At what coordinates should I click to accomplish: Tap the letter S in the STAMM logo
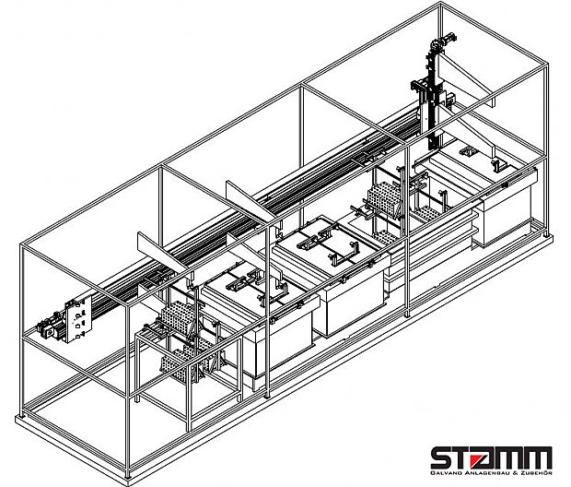(443, 457)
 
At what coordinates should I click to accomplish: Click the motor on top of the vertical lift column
(443, 41)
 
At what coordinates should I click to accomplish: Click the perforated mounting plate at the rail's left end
(78, 318)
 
